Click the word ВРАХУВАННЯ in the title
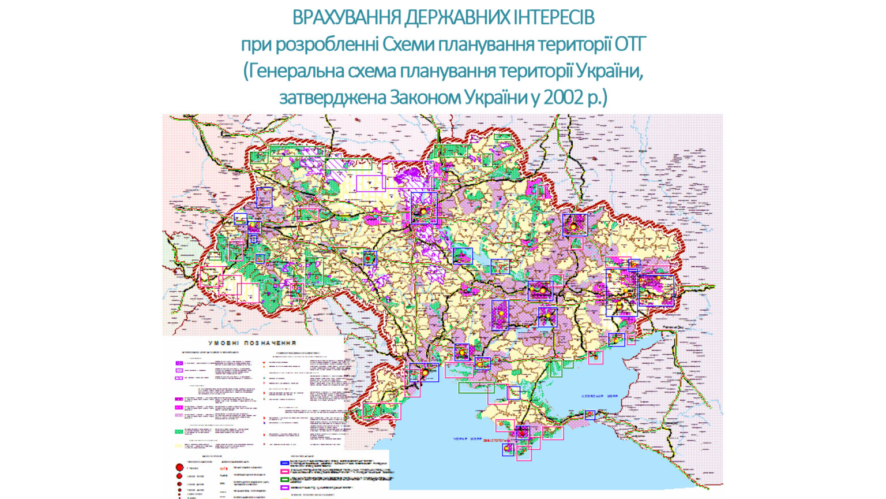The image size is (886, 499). (347, 18)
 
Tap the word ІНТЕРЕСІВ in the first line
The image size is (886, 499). (554, 18)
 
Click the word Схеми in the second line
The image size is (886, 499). (409, 44)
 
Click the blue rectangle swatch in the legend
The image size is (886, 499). (284, 463)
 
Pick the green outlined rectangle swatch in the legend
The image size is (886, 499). (284, 479)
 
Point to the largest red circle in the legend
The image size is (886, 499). (179, 467)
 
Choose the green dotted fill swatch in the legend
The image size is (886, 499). (179, 431)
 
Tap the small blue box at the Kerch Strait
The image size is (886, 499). (590, 414)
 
